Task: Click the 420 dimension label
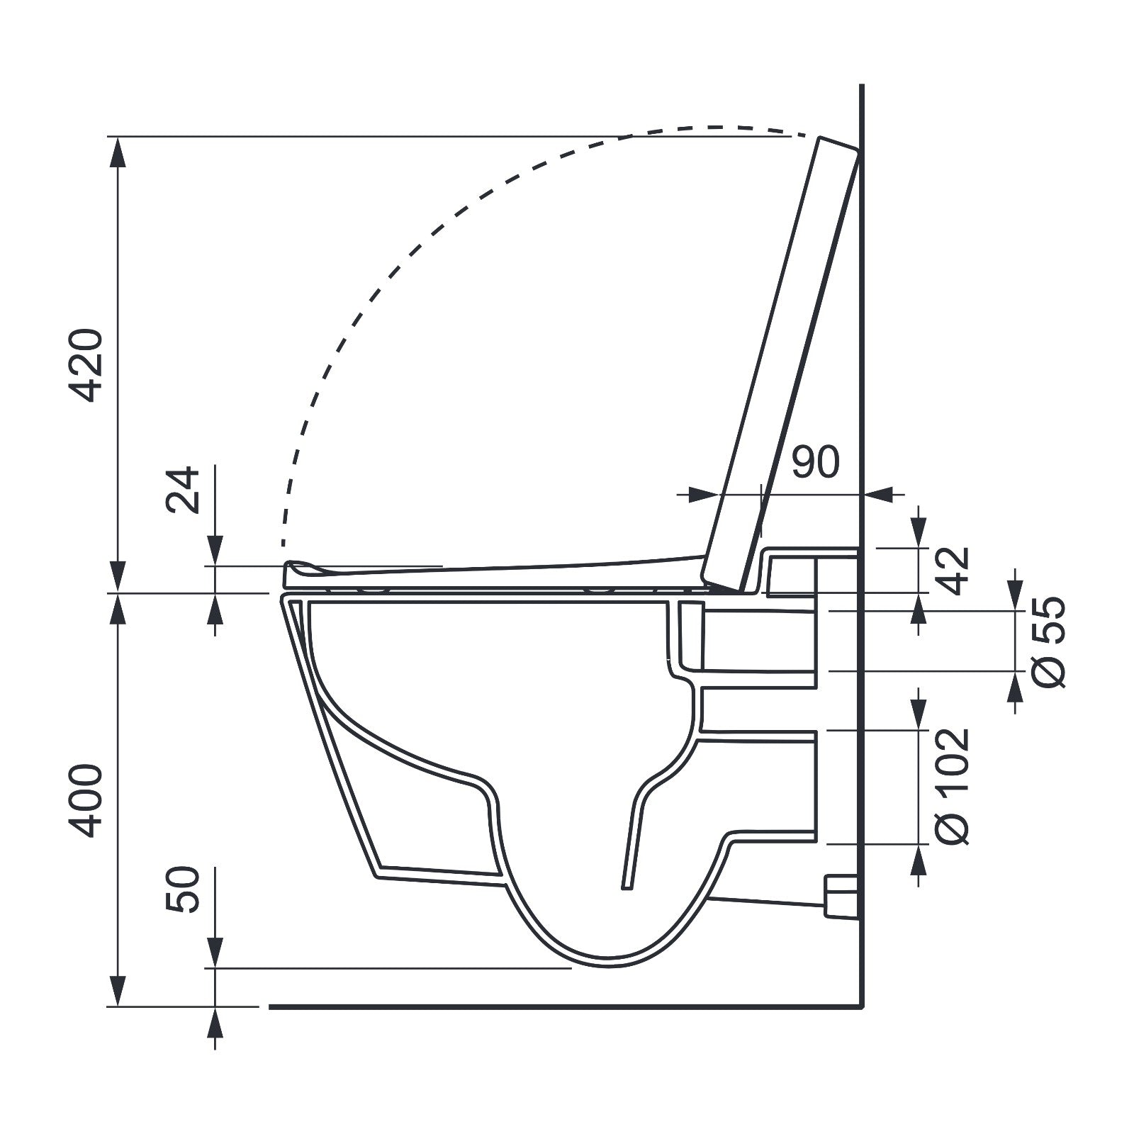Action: pos(89,365)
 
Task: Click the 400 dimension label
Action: pos(89,800)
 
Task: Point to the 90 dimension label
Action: pos(815,462)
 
